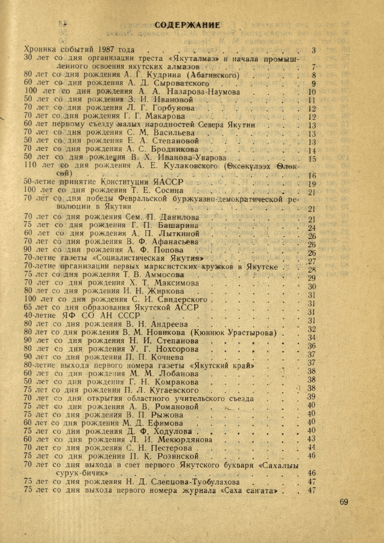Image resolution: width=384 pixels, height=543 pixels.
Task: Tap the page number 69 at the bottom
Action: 343,502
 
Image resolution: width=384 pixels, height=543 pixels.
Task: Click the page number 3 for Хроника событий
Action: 313,50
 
